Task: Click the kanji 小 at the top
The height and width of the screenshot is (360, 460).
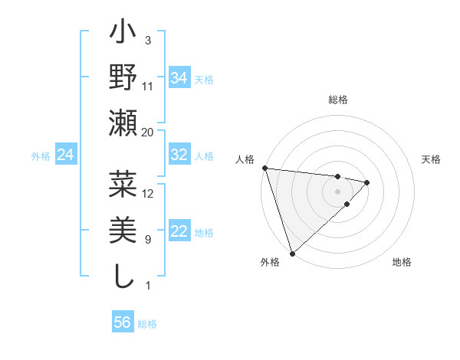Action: (123, 35)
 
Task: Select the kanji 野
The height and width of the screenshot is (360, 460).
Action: (123, 79)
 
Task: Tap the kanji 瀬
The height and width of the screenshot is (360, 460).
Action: (123, 123)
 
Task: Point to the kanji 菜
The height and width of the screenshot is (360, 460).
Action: (123, 186)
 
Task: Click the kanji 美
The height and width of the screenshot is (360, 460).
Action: (123, 231)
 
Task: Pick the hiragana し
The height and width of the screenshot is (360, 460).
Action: (123, 275)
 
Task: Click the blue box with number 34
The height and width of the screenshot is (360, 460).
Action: (179, 77)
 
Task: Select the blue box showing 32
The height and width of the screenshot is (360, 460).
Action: (179, 155)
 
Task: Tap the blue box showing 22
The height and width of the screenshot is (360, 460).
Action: (179, 232)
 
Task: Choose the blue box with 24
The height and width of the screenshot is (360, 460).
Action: (65, 155)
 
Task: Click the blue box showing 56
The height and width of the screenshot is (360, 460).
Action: (123, 322)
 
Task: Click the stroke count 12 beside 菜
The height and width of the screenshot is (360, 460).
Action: (148, 194)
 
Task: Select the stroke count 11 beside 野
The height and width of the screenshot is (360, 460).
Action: (148, 87)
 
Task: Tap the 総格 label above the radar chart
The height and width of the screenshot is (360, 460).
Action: (338, 100)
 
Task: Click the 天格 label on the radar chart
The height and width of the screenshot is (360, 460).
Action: (432, 159)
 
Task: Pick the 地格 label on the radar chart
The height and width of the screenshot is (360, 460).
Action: (402, 262)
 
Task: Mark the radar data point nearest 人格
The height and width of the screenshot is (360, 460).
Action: (264, 168)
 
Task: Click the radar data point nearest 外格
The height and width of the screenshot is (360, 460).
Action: (292, 253)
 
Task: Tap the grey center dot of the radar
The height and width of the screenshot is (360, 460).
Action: (338, 190)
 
